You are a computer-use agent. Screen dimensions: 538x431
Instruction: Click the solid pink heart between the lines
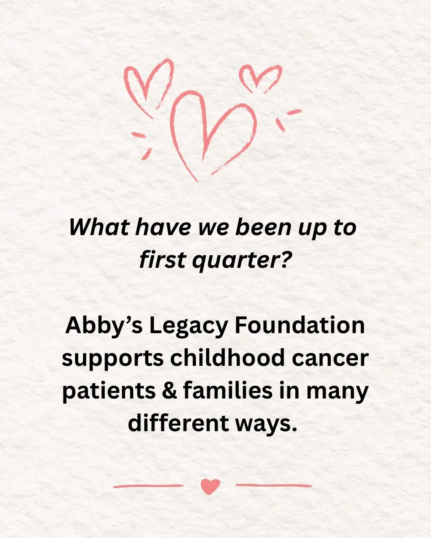(210, 486)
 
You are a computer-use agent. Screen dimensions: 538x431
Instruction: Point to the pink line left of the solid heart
(148, 486)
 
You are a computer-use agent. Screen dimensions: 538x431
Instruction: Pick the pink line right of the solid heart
(273, 485)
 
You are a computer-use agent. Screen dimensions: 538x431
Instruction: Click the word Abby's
(103, 326)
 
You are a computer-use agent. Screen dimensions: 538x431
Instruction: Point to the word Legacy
(188, 326)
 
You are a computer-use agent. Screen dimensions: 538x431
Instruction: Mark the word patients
(109, 391)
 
